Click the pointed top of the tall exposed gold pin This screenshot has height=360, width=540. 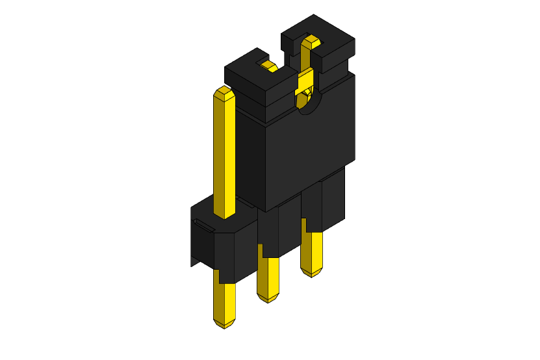(224, 92)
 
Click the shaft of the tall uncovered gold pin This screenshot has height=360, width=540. (224, 156)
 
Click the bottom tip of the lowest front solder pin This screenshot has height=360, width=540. (224, 324)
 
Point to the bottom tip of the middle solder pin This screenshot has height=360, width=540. (267, 298)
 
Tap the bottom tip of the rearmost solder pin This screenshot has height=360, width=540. (311, 272)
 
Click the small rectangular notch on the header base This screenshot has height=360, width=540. (203, 226)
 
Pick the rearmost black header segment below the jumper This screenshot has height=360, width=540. (328, 198)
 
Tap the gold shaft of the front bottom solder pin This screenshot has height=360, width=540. (224, 299)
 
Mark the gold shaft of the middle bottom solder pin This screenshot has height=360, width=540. (267, 276)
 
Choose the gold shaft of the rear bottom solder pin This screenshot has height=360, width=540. (311, 250)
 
